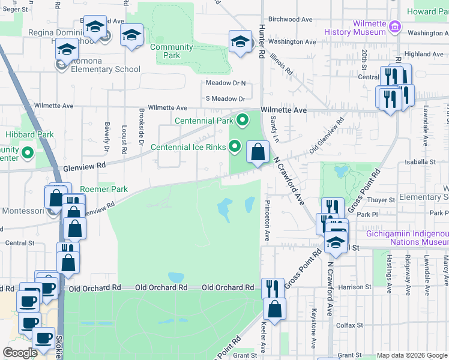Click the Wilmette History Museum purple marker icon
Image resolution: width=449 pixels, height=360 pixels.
395,26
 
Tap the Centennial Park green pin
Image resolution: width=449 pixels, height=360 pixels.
243,121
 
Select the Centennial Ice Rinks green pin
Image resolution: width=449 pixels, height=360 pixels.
235,146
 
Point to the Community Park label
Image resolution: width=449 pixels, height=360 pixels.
172,51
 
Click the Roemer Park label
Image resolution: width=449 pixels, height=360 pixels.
104,189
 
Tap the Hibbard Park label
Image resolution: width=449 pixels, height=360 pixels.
29,135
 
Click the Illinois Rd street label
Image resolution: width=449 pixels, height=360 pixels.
280,63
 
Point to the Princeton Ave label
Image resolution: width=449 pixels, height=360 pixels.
268,214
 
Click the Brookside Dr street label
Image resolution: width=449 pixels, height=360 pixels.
142,127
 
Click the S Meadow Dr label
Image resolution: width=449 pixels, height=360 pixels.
226,98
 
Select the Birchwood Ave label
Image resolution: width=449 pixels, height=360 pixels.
291,19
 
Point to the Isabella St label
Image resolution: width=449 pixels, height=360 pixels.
420,162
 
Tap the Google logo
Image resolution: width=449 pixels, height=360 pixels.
20,353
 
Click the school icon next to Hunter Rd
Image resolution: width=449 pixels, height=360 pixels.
240,42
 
